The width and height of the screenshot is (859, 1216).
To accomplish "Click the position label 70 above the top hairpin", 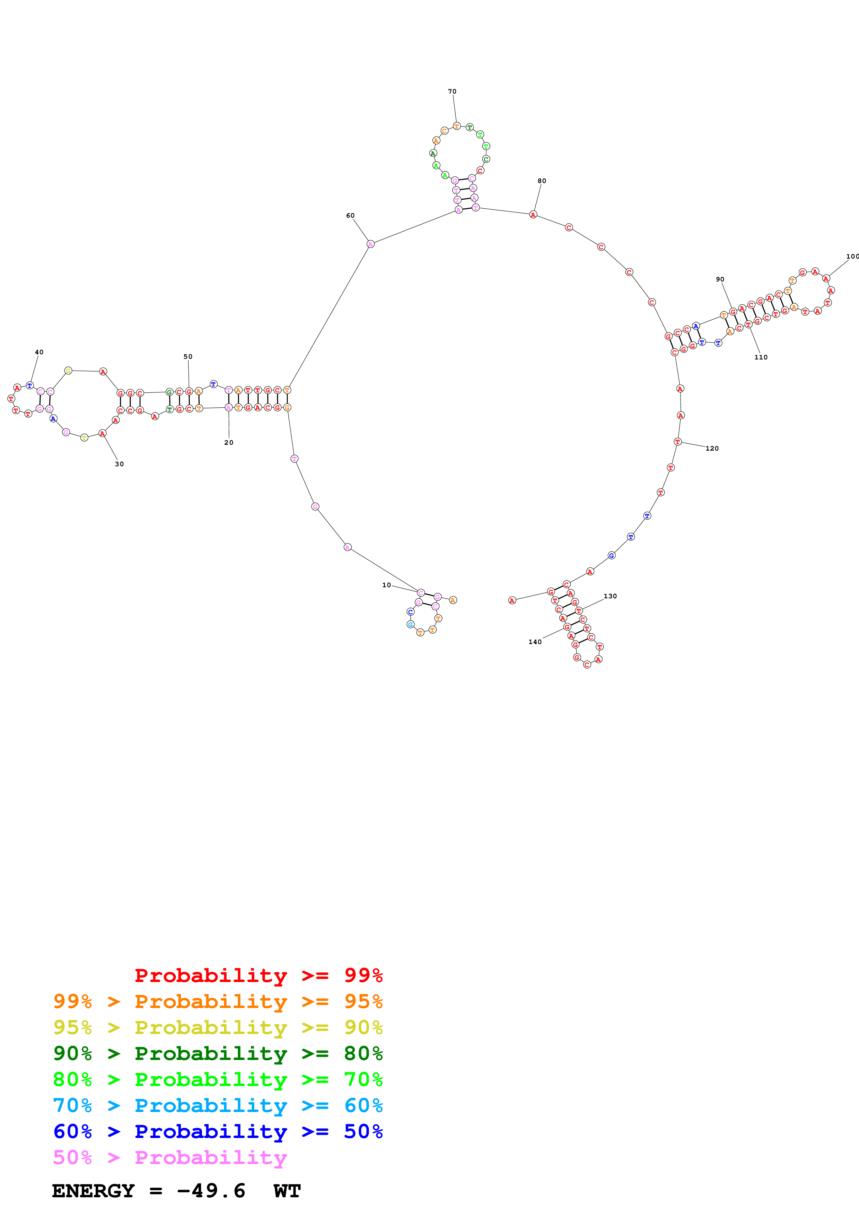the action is coord(452,92).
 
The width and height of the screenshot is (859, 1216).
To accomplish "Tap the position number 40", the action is coord(39,352).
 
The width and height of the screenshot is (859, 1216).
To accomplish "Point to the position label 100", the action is coord(852,256).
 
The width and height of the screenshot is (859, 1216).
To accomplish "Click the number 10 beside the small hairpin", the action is coord(386,585).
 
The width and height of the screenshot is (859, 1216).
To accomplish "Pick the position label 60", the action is coord(350,216).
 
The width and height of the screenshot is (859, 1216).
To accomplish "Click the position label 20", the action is coord(229,442).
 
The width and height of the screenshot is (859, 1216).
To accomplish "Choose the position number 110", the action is coord(761,357).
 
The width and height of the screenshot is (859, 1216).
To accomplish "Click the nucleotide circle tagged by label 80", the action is coord(533,215).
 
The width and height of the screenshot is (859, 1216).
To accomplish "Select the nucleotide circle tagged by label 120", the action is coord(677,442).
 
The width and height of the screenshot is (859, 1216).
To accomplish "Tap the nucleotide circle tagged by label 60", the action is coord(370,244).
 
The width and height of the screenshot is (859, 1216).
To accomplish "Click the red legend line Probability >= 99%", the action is coord(259,975).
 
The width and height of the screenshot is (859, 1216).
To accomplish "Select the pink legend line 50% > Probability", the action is coord(170,1157).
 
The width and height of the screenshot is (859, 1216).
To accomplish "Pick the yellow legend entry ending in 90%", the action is coord(218,1027).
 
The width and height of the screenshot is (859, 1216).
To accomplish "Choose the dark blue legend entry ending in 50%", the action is coord(218,1131).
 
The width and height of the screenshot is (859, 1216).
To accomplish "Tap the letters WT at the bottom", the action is coord(287,1191).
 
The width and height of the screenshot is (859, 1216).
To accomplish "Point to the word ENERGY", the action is coord(93,1191).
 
